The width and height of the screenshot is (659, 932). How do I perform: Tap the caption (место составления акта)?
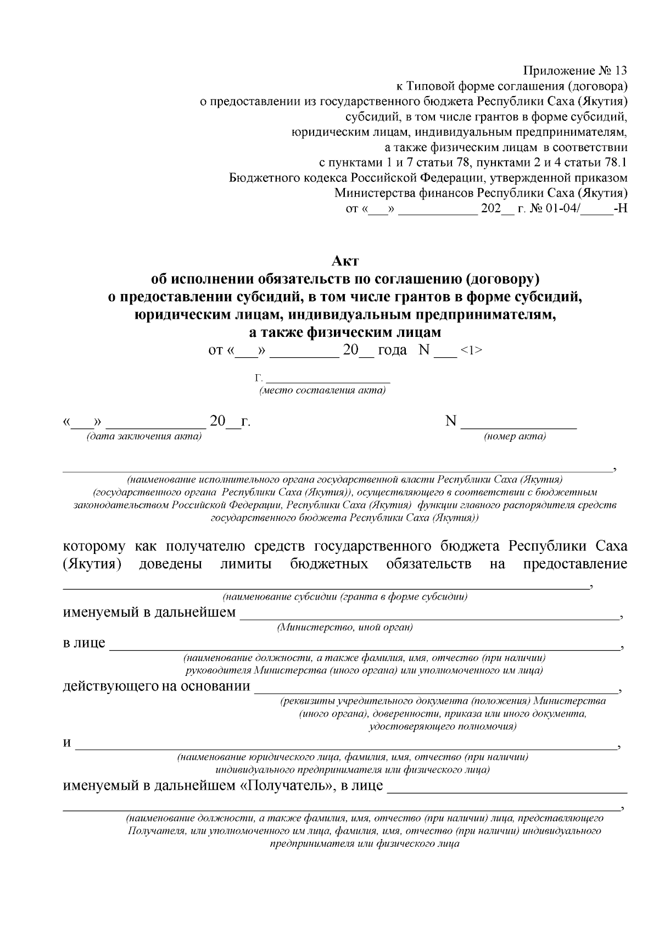pos(322,391)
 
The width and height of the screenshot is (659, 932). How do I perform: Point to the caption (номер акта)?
pos(515,436)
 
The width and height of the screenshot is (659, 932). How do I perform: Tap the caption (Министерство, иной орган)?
pos(345,627)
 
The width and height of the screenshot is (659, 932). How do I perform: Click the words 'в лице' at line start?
pos(84,642)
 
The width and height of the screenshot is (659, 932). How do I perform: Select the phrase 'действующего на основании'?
pos(157,686)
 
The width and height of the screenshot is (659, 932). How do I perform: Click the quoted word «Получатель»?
pos(288,785)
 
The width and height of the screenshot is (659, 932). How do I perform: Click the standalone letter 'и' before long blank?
pos(68,743)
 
